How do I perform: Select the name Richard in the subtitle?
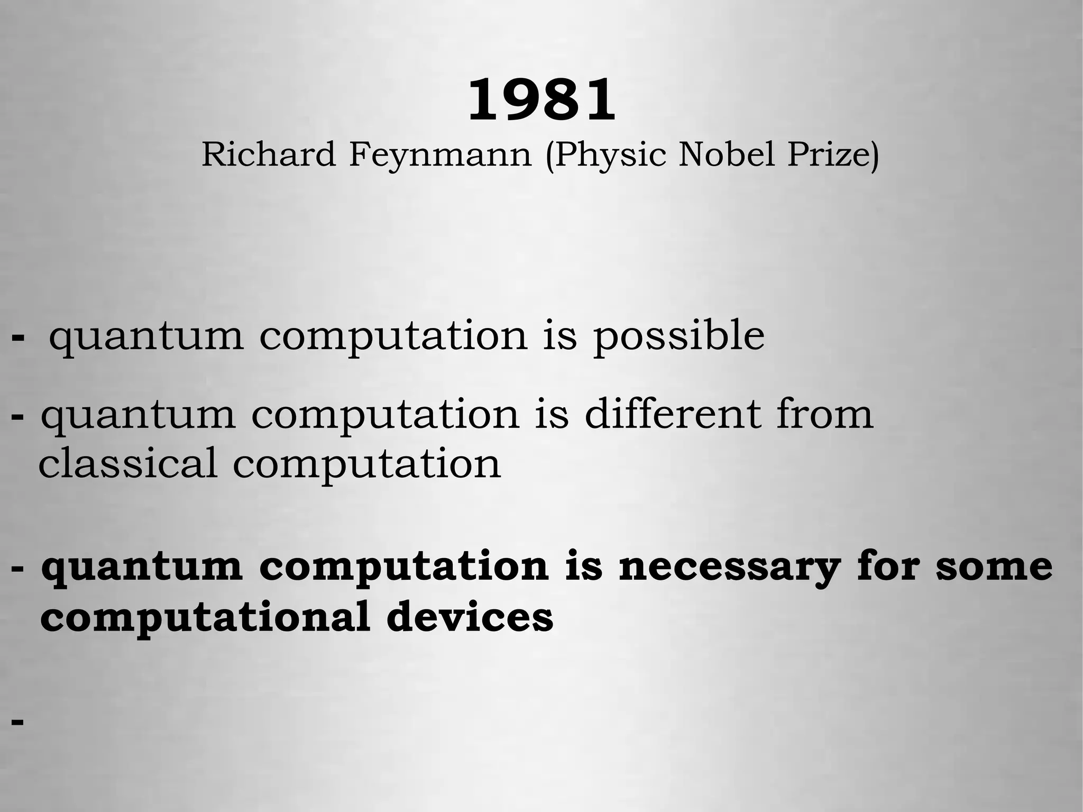pos(269,154)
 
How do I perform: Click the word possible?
pos(678,337)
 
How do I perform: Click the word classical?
pos(127,463)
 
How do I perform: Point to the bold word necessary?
pos(729,567)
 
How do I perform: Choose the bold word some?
pos(994,567)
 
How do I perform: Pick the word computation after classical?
pos(366,464)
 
